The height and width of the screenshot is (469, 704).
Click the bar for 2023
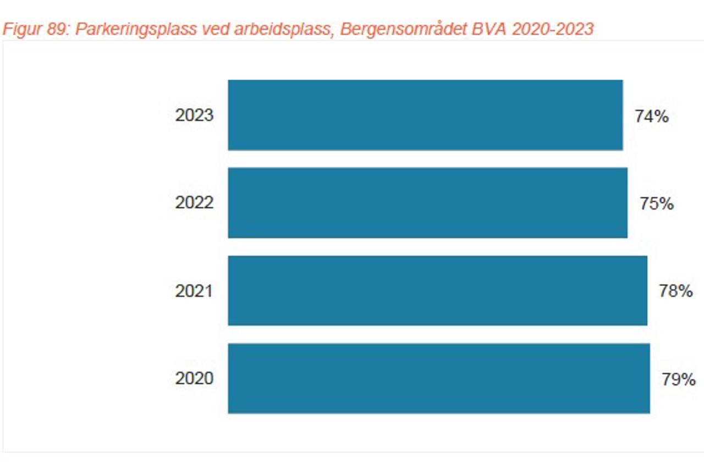425,115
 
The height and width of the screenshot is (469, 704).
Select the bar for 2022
427,203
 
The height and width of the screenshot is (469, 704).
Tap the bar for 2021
437,290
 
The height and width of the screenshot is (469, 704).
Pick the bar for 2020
439,378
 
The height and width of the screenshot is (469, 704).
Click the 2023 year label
194,115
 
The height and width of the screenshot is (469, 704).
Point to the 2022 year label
194,203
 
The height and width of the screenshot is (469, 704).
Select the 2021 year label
194,291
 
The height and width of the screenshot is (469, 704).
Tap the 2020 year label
194,378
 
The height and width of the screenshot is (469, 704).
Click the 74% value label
652,117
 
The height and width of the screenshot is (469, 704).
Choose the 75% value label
656,204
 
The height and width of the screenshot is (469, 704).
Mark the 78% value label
676,291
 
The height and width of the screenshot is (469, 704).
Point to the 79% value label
678,379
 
